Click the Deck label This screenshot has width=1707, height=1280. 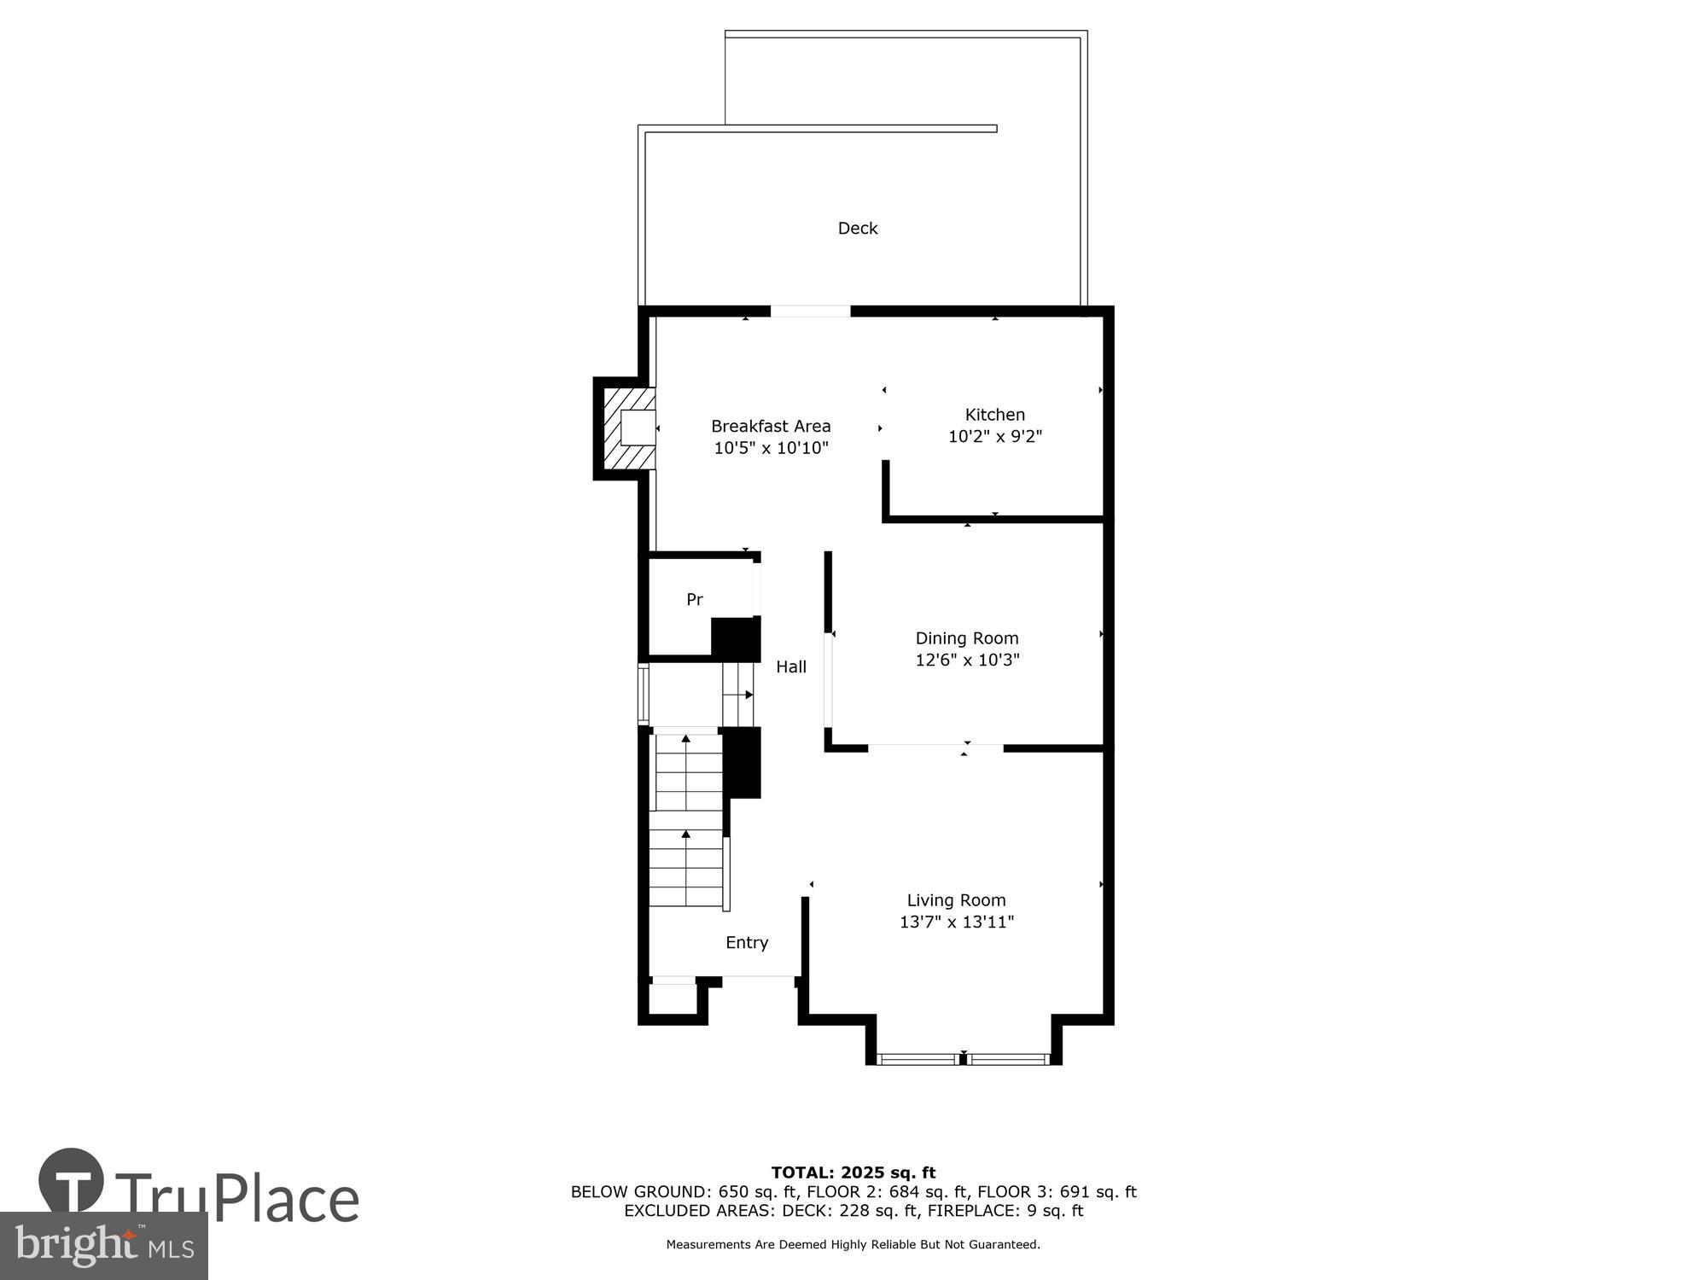pos(857,228)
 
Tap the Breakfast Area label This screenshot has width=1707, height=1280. pos(771,426)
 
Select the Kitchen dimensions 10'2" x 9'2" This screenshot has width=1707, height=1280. pos(995,437)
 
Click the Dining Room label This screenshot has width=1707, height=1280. pos(967,638)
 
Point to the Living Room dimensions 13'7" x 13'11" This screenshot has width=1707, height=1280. pos(957,922)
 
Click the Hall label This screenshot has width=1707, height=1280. pos(791,667)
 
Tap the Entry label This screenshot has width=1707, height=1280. pos(747,942)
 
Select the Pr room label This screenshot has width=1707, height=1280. pos(695,600)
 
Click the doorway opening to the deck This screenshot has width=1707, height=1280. pos(811,311)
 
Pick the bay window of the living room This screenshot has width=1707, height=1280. pos(964,1059)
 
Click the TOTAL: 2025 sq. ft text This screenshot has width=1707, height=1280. pos(853,1172)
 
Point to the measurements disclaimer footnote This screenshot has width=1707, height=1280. pos(853,1245)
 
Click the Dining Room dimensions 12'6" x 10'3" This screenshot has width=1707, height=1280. pos(967,660)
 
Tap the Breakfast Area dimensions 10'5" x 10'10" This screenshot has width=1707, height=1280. pos(771,448)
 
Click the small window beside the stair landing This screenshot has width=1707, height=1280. pos(644,694)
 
